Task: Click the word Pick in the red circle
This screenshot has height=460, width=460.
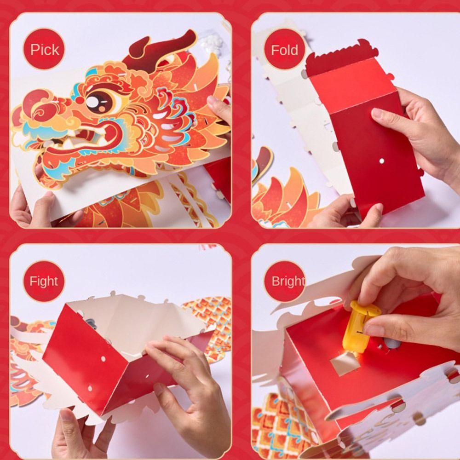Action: (x=45, y=49)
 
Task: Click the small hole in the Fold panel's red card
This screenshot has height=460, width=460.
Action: (x=381, y=161)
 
